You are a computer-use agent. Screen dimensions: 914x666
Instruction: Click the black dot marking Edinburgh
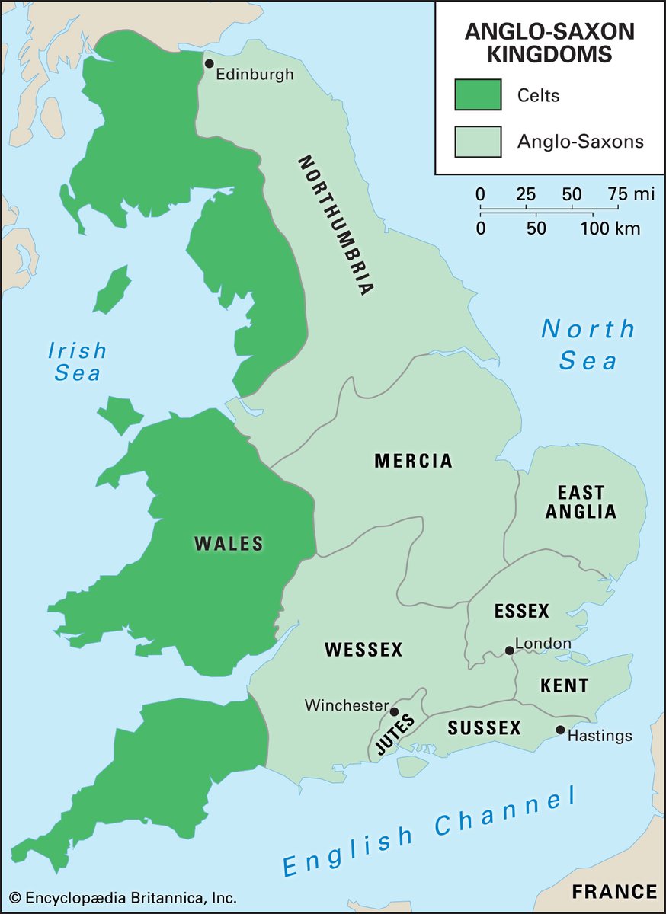pos(209,63)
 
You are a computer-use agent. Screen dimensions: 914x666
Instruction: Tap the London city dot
pos(509,650)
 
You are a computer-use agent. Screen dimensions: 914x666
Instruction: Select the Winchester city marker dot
pos(394,711)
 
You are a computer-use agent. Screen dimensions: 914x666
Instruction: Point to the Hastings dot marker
pos(560,730)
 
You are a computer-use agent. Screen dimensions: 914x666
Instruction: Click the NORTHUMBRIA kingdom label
pos(335,225)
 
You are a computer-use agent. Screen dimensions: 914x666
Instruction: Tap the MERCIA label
pos(413,461)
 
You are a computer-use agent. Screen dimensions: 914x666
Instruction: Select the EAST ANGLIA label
pos(581,502)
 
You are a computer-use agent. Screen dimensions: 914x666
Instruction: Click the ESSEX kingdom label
pos(521,611)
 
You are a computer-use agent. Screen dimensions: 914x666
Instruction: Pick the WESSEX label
pos(363,650)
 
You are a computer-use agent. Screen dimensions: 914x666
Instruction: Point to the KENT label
pos(564,685)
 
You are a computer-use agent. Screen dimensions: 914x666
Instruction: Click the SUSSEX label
pos(484,728)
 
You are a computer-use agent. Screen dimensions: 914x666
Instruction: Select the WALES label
pos(229,544)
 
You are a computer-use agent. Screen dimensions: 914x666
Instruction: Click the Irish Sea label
pos(77,362)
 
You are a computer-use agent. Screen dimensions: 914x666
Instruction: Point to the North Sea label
pos(588,344)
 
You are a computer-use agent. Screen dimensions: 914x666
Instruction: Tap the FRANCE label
pos(614,892)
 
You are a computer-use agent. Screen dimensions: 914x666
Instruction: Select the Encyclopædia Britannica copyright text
pos(123,897)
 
